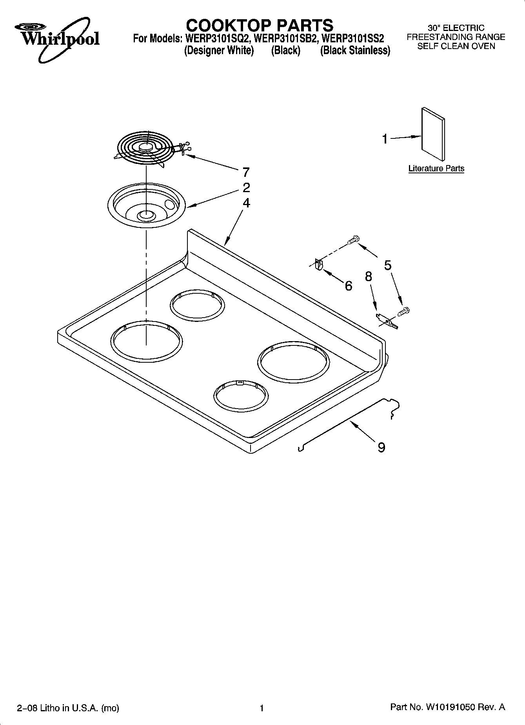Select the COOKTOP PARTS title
[259, 25]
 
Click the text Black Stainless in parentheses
[355, 51]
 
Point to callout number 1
[385, 139]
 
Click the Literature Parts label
[436, 169]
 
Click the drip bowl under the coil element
[146, 205]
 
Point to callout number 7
[246, 172]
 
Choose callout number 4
[246, 203]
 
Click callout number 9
[381, 447]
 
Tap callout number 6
[348, 286]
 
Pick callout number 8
[368, 276]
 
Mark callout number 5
[387, 265]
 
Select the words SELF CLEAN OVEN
[456, 46]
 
